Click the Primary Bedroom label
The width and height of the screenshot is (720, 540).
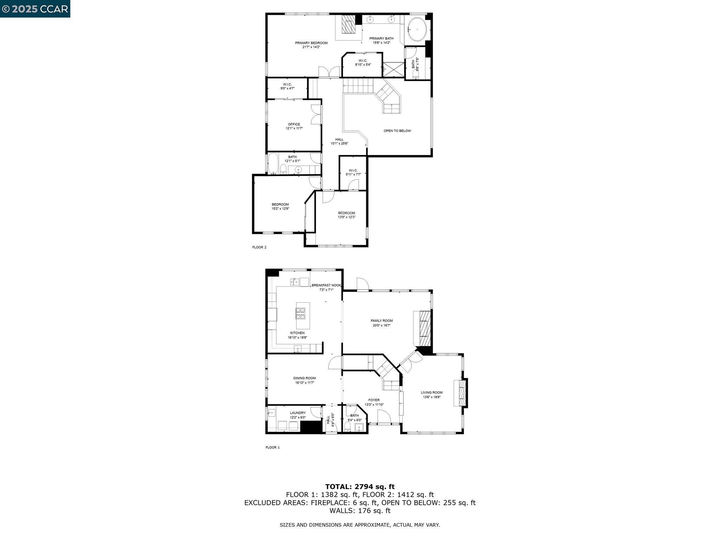point(311,45)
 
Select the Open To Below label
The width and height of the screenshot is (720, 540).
point(397,131)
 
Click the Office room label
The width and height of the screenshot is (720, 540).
point(294,126)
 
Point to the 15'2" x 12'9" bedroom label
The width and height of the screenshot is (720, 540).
point(280,206)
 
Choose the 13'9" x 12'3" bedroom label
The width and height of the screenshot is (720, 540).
point(346,215)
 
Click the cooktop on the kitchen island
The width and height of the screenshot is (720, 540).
point(300,313)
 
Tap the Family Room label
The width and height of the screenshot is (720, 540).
point(381,323)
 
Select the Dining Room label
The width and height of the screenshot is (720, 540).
point(304,380)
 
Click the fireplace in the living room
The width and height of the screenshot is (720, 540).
point(462,393)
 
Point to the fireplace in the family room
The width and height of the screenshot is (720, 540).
point(425,328)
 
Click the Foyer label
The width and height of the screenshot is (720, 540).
point(374,402)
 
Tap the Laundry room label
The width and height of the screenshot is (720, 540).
point(298,415)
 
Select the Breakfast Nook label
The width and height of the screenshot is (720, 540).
point(326,287)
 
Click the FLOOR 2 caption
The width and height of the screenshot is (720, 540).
point(259,247)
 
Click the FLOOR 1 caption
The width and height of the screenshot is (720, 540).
point(272,448)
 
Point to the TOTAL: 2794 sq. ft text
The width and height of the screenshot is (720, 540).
point(360,487)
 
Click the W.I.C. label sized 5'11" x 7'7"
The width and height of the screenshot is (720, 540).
point(353,172)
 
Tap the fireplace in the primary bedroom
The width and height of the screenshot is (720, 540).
point(349,24)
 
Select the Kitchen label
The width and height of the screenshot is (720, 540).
point(297,335)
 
